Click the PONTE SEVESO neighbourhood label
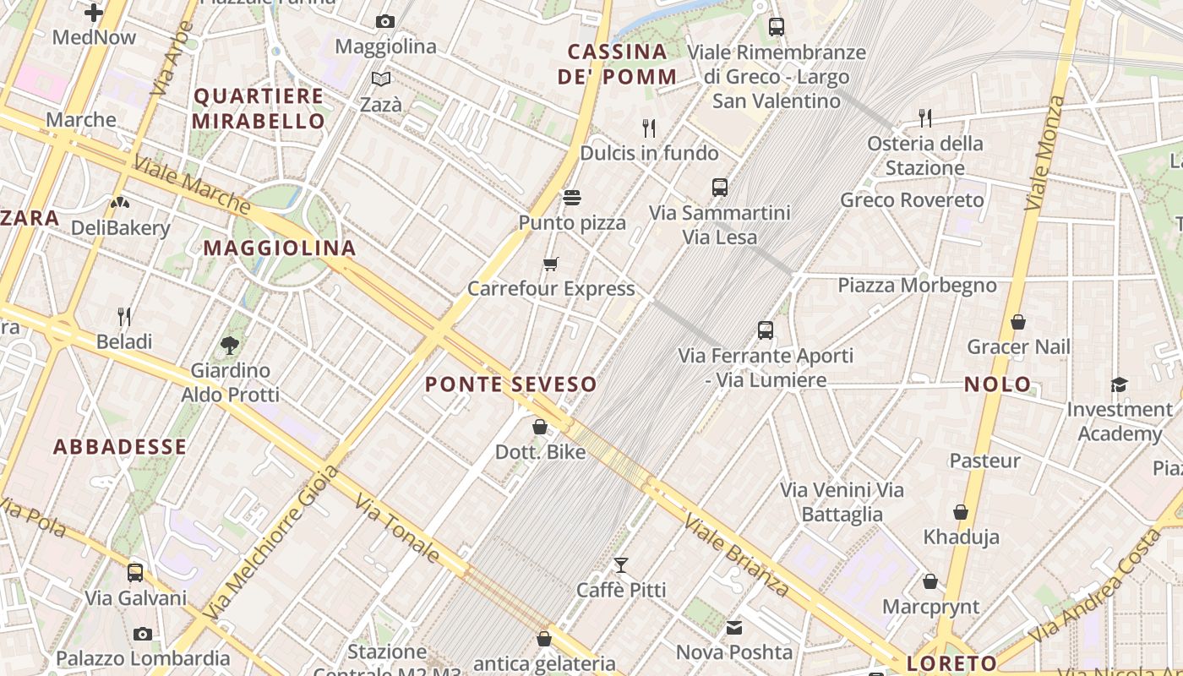tap(510, 384)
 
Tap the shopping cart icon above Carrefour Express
tap(551, 264)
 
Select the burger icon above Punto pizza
tap(572, 199)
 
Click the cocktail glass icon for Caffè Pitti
tap(621, 565)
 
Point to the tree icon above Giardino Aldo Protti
tap(229, 345)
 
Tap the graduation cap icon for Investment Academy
tap(1119, 385)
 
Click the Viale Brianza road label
tap(736, 554)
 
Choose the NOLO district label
tap(998, 384)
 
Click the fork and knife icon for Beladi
tap(124, 317)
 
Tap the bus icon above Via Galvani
tap(135, 573)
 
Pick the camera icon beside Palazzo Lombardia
tap(143, 634)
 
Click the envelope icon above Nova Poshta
tap(733, 628)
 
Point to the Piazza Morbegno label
tap(917, 286)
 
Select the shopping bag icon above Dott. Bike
tap(540, 427)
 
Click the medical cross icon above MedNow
tap(94, 13)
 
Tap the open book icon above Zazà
tap(381, 79)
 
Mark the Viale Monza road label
tap(1045, 153)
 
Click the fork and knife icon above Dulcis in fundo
tap(649, 128)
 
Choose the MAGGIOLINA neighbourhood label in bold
tap(280, 248)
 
